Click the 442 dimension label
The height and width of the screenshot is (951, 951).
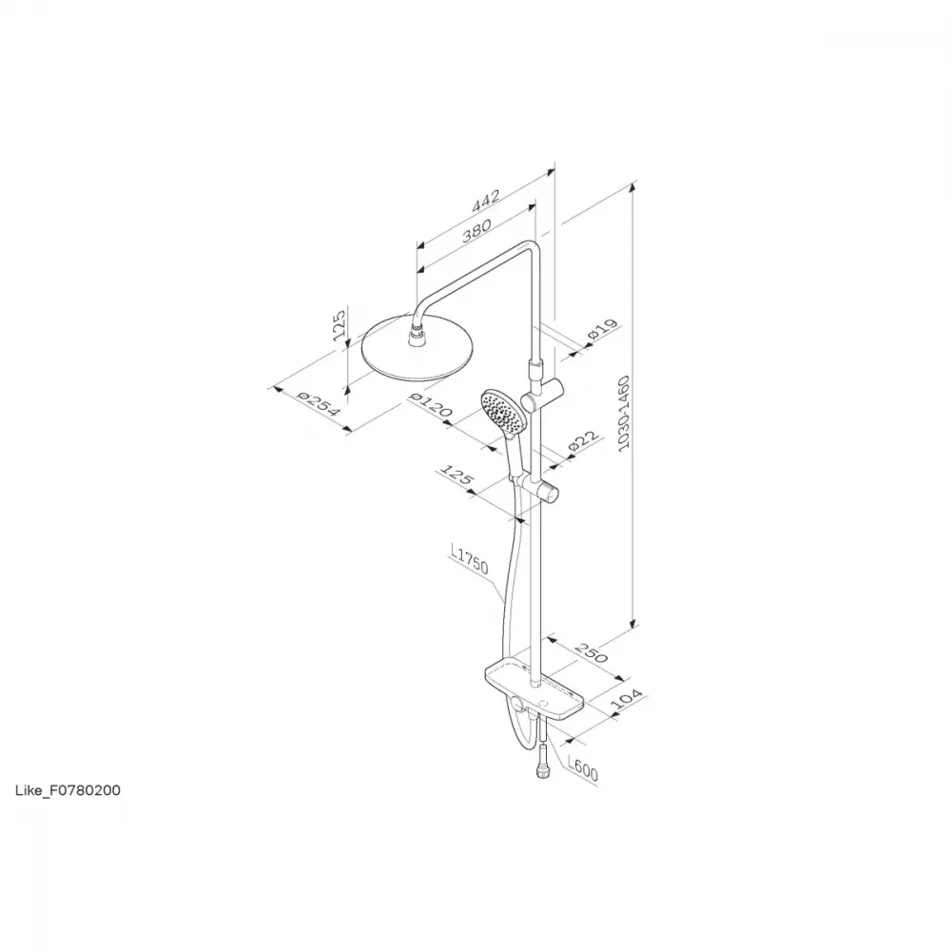[486, 201]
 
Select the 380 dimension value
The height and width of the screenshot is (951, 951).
[476, 230]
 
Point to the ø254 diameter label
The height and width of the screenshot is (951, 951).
[318, 403]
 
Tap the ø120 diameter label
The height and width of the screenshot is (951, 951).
[431, 404]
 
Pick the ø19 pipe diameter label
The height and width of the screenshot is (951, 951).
[602, 329]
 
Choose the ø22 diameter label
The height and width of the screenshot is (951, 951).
[584, 441]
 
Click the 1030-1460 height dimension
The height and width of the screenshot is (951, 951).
[624, 413]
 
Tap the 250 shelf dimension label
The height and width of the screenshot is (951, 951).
[591, 652]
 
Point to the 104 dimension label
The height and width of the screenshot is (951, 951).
[626, 699]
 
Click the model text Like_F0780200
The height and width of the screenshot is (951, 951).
[68, 790]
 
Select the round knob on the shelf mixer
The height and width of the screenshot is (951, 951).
[517, 704]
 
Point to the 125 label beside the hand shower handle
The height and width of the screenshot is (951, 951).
[456, 475]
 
